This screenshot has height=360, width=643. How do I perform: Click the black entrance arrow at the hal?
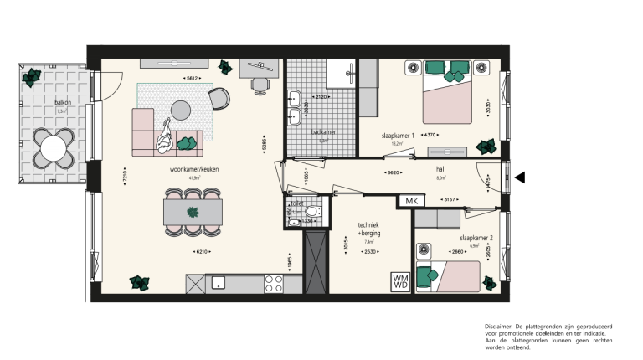[x=520, y=177]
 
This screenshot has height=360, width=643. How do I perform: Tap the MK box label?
[x=411, y=201]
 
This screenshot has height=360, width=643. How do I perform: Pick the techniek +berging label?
[x=368, y=231]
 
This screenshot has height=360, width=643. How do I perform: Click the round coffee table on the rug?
[x=182, y=109]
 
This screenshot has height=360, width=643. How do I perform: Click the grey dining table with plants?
[x=193, y=211]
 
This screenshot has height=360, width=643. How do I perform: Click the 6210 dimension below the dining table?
[x=200, y=252]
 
